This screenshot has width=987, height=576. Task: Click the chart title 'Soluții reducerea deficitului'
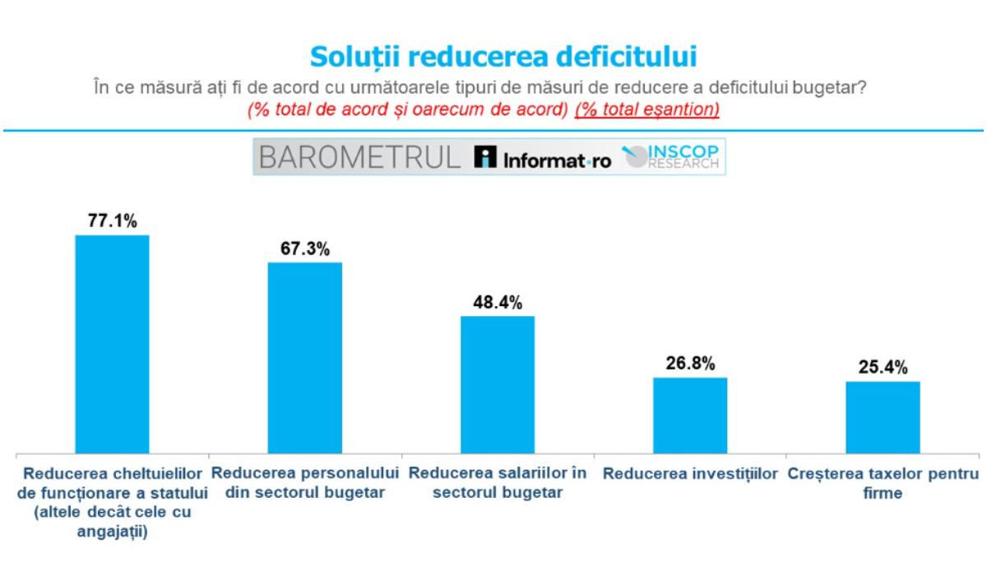503,57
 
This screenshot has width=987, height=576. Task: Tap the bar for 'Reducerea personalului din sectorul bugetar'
305,358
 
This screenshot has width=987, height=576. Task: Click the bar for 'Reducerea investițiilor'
690,415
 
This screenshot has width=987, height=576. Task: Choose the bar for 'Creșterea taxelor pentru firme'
883,417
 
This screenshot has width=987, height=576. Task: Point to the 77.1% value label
112,221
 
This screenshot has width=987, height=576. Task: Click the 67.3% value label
305,249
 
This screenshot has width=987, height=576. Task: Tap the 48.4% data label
498,303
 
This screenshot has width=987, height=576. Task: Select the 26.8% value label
690,364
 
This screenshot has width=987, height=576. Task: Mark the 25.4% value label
883,368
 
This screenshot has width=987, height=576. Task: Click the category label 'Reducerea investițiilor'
690,476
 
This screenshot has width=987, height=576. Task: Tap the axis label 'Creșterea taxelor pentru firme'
883,484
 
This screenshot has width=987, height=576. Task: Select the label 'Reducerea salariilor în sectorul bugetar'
498,484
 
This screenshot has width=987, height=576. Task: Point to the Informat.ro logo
544,160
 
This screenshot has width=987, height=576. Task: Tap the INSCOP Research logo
672,158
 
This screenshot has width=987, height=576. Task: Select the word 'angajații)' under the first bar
112,530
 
